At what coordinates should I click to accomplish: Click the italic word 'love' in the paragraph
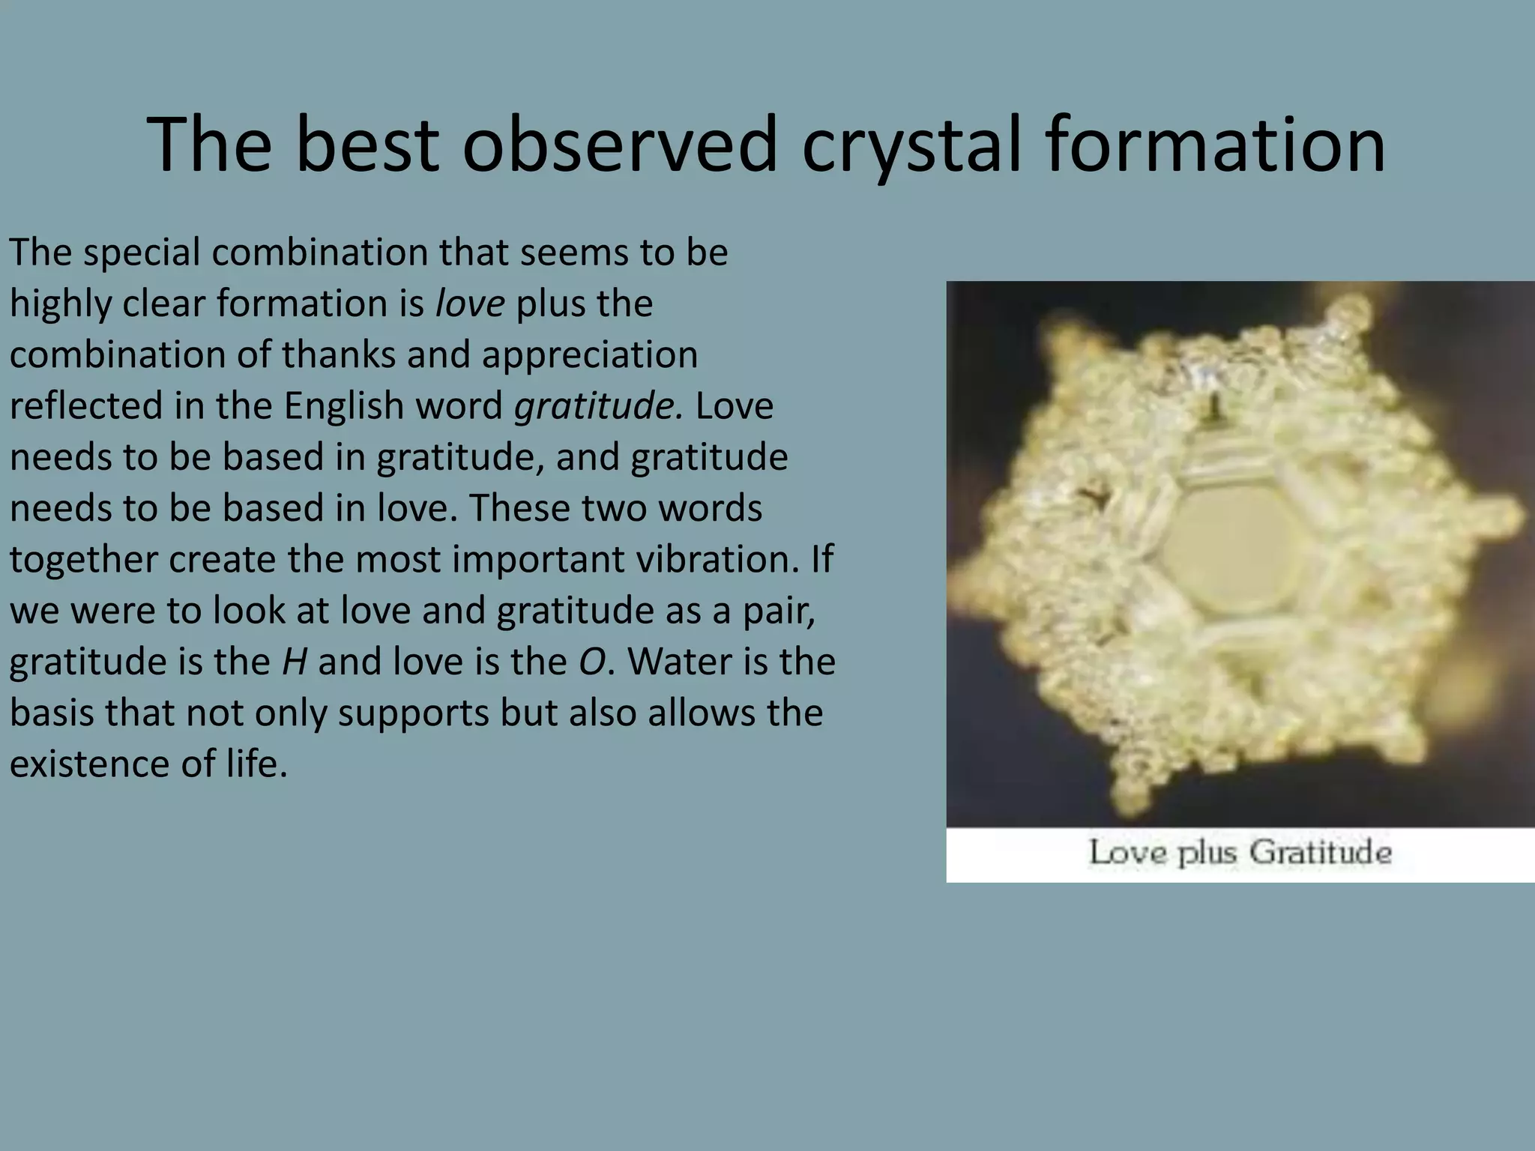[470, 303]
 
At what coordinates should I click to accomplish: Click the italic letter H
[294, 662]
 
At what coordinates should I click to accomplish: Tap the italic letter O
[591, 662]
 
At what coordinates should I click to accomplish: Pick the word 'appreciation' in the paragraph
[590, 354]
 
